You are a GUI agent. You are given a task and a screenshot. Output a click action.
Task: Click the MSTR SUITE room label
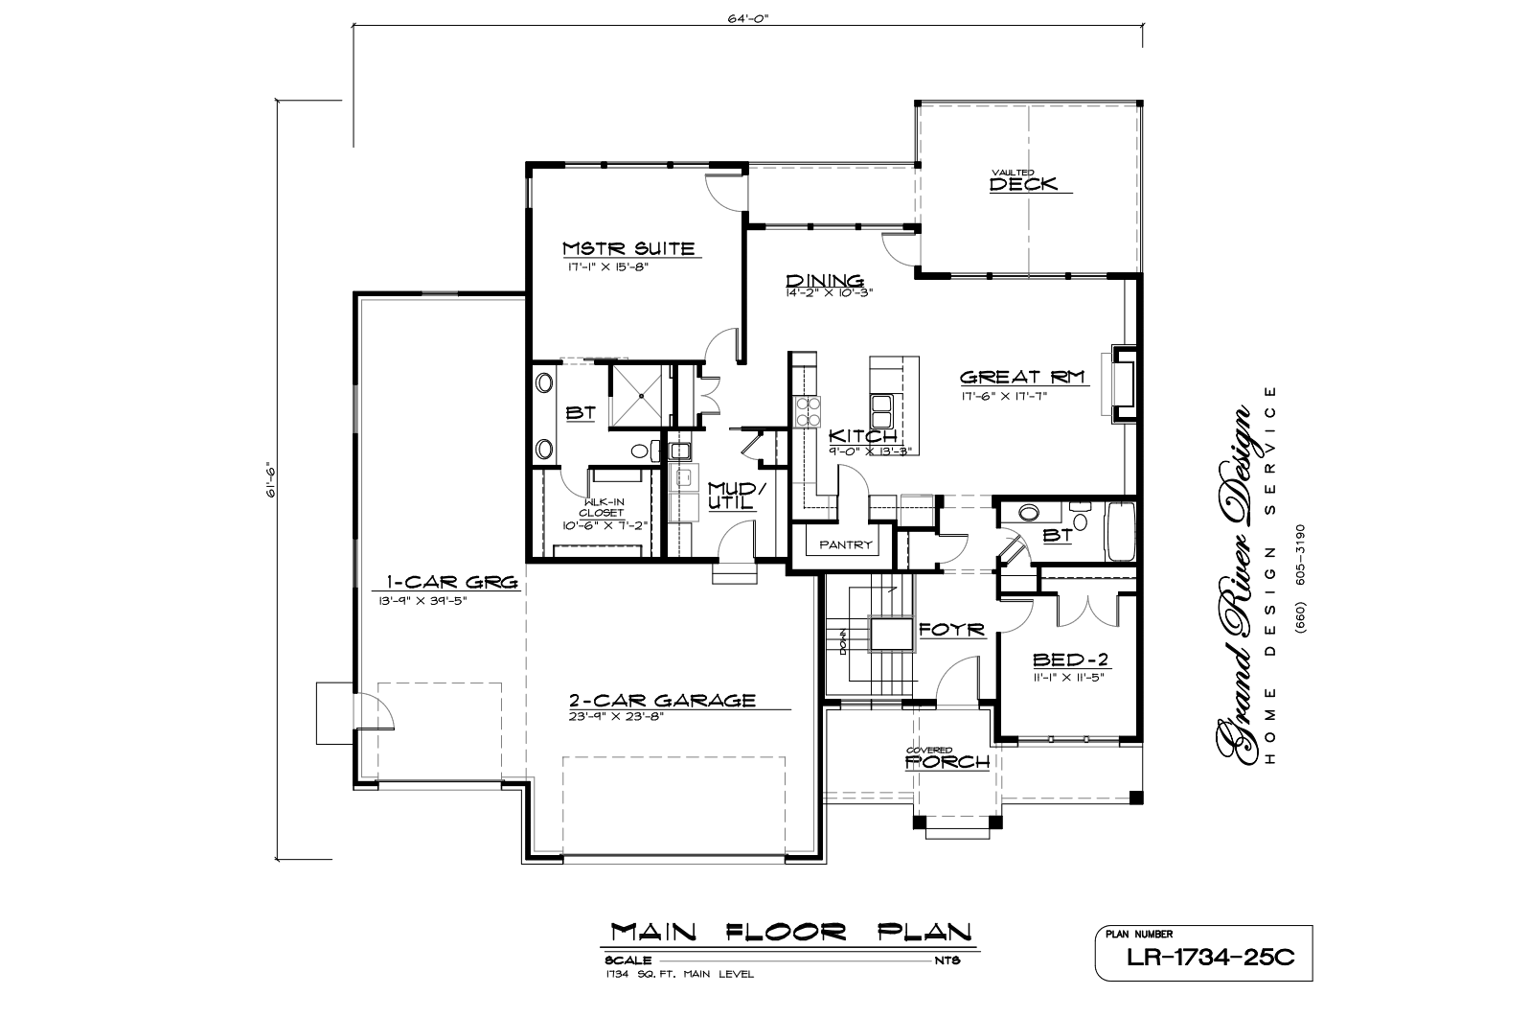(628, 248)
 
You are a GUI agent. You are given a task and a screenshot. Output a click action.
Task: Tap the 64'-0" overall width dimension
(748, 18)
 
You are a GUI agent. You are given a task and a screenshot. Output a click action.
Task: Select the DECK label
(1023, 184)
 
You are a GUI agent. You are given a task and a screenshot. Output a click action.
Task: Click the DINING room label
(825, 281)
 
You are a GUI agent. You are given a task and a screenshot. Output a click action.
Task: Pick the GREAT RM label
(1022, 377)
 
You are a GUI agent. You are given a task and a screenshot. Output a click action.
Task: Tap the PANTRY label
(846, 544)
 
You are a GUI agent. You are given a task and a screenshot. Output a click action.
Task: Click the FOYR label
(952, 630)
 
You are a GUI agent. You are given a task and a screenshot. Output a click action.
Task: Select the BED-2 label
(1070, 659)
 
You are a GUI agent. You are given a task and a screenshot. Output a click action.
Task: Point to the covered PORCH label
(947, 762)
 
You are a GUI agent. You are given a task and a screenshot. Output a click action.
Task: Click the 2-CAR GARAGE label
(662, 701)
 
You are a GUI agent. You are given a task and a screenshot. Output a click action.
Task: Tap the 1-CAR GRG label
(452, 583)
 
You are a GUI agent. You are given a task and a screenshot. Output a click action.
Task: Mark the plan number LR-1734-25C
(1210, 958)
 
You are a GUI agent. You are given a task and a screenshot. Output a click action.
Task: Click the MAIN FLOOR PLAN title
(790, 932)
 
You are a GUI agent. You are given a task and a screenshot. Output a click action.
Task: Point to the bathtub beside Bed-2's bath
(1120, 532)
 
